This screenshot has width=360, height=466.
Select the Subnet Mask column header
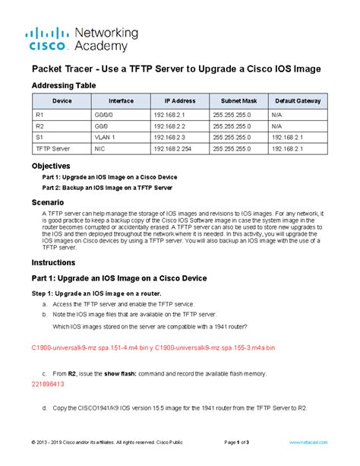[x=239, y=101]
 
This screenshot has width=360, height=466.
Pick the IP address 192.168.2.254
[x=173, y=150]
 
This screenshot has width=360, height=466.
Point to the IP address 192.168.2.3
[x=169, y=138]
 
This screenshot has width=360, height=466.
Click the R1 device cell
[x=40, y=114]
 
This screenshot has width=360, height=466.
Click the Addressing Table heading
[x=63, y=86]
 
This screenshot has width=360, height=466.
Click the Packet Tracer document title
[x=175, y=69]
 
